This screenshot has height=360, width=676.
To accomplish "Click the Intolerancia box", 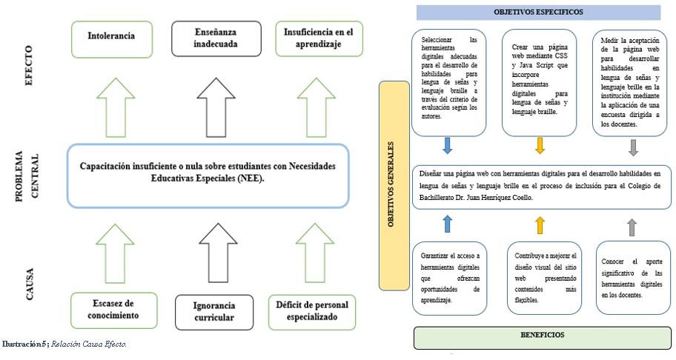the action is [x=112, y=39].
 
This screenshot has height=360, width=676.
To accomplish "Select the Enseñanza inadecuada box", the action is [x=216, y=39].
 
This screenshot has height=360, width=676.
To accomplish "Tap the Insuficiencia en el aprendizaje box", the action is [x=319, y=39].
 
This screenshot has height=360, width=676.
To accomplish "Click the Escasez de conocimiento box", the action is [x=114, y=310].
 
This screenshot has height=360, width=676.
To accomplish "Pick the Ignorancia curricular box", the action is [x=214, y=312].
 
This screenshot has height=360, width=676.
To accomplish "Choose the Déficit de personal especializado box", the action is [x=312, y=312].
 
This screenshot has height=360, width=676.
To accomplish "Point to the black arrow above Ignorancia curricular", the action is [x=219, y=253].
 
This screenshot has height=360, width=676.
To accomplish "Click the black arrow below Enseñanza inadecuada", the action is [x=216, y=107].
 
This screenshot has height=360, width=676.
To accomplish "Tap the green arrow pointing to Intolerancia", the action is [x=116, y=107].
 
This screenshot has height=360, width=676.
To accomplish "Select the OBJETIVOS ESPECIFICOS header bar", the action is [x=538, y=13].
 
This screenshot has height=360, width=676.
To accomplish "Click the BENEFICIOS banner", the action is [x=543, y=338].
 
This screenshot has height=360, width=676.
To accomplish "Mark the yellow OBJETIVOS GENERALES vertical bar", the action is [x=394, y=186].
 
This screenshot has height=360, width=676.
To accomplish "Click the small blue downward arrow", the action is [x=448, y=145].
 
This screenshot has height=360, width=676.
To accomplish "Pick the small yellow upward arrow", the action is [x=540, y=225].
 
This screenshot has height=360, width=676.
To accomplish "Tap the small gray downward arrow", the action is [x=633, y=147].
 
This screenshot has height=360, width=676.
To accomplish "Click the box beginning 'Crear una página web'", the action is [x=540, y=83].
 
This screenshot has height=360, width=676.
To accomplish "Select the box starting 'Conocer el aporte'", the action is [x=632, y=279].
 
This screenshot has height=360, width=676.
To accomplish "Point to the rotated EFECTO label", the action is [x=28, y=65].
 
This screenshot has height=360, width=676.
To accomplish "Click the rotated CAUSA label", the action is [x=30, y=284].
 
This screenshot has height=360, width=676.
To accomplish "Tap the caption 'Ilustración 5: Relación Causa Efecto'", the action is [x=64, y=344].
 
